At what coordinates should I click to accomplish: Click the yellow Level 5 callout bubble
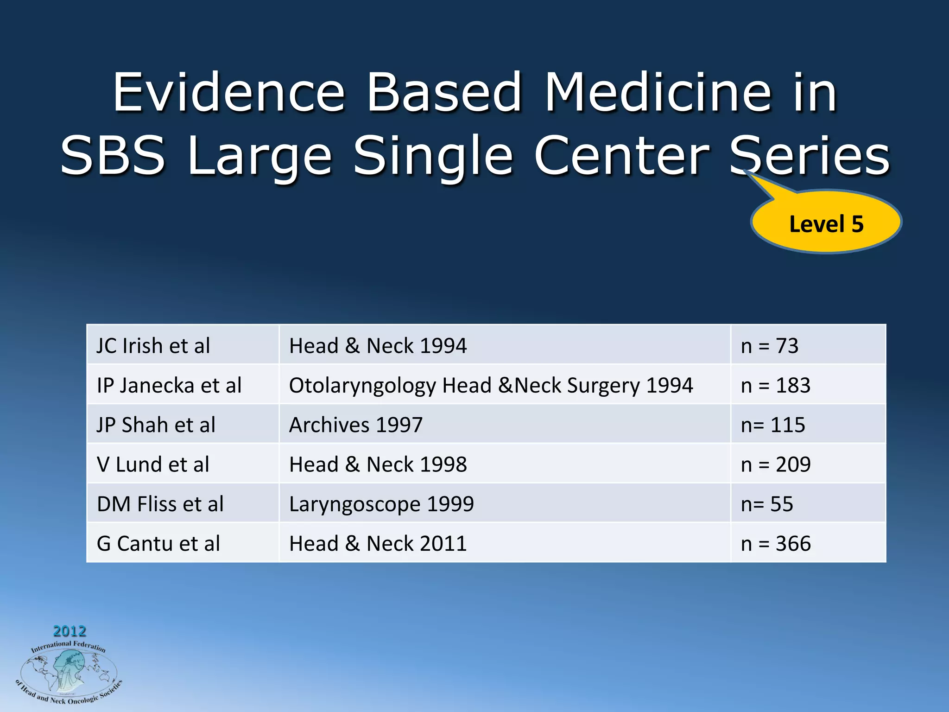click(x=826, y=223)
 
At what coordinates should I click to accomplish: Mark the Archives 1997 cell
click(x=356, y=425)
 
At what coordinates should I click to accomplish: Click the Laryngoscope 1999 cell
click(x=381, y=504)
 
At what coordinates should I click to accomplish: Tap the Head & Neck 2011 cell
click(x=378, y=543)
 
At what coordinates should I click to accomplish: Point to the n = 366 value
click(x=776, y=543)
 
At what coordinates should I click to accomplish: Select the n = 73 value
click(x=770, y=346)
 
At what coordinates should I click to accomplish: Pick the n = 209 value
click(x=776, y=464)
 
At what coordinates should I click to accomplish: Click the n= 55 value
click(x=767, y=504)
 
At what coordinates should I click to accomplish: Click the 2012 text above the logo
click(x=70, y=631)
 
